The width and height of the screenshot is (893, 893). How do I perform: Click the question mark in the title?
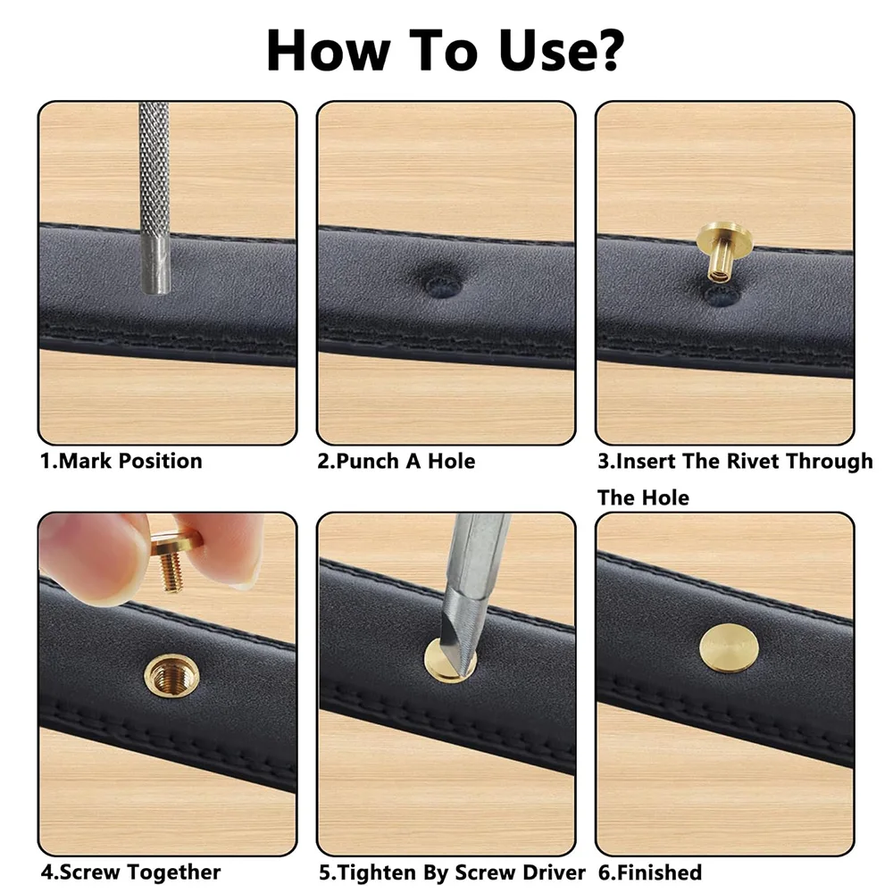[x=602, y=50]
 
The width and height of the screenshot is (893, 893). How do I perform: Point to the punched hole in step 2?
[x=444, y=283]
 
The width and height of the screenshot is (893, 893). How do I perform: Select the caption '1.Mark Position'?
[x=121, y=462]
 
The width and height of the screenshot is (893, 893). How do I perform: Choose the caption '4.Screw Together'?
[x=129, y=872]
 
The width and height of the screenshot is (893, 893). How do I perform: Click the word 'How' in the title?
[x=327, y=50]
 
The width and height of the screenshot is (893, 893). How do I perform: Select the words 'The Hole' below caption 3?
[x=643, y=497]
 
